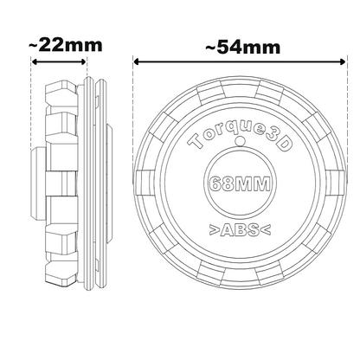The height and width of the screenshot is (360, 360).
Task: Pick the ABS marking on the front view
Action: tap(238, 229)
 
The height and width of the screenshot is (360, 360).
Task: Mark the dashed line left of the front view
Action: tap(134, 173)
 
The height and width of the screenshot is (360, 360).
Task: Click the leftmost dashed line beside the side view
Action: tap(32, 173)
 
